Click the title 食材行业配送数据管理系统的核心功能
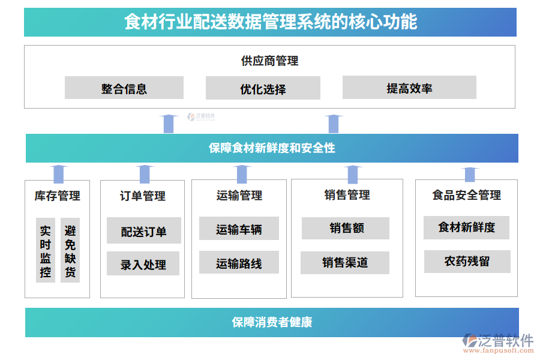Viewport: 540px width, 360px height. point(270,22)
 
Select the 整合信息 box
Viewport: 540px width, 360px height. point(124,88)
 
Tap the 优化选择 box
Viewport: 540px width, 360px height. point(263,89)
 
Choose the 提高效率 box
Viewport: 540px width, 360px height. point(409,88)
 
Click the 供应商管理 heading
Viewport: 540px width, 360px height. point(269,61)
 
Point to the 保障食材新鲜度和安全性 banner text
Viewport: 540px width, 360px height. point(272,148)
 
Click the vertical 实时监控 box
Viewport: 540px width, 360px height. point(46,251)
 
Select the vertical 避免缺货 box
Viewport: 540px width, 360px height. point(70,251)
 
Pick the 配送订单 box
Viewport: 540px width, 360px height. point(143,231)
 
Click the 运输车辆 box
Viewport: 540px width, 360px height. point(239,229)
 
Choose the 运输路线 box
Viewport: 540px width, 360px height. point(239,263)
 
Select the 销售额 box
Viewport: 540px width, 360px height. point(346,228)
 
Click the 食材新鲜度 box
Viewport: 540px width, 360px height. point(466,227)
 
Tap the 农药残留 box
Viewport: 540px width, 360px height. point(467,262)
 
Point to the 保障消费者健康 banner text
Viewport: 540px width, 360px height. point(272,322)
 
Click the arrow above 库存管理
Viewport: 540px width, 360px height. point(58,173)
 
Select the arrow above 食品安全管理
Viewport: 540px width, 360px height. point(470,173)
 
